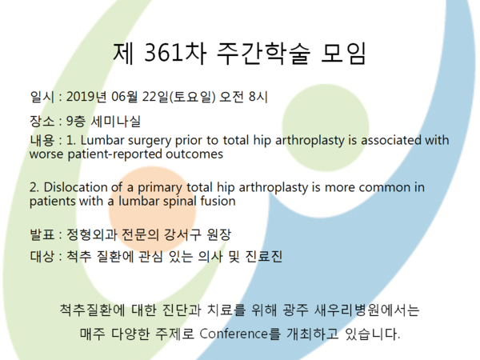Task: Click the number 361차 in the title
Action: pos(175,53)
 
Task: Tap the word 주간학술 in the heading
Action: pos(263,53)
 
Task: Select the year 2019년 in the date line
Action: pos(86,97)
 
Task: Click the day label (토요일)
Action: pos(192,97)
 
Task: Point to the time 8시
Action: pos(258,97)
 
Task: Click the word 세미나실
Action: pos(116,122)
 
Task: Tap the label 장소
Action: pos(42,122)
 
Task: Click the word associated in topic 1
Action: pos(391,140)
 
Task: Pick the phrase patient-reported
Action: pos(114,154)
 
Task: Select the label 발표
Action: pos(42,234)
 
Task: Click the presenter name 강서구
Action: pos(182,234)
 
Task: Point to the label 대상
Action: pos(42,256)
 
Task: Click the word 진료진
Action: pos(263,256)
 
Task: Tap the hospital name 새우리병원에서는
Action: pos(366,310)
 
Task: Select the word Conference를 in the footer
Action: pos(240,334)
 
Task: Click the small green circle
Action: pos(326,128)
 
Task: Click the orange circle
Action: pos(152,210)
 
